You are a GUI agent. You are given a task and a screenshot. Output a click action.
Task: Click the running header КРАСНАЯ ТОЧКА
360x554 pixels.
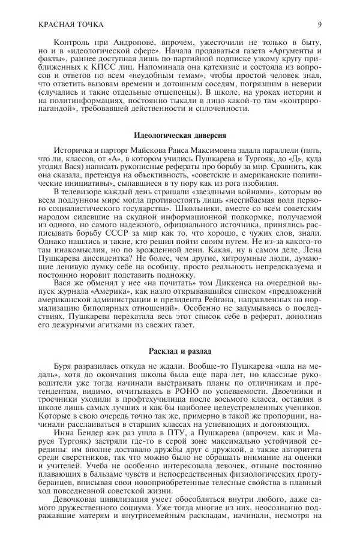coord(70,24)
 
